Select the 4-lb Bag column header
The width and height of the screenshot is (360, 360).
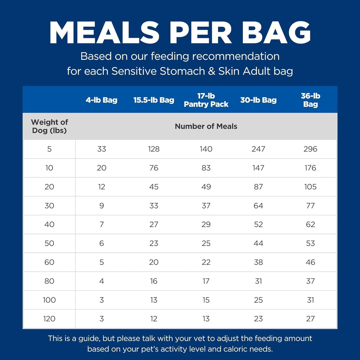(102, 100)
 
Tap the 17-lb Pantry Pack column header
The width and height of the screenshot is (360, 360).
(206, 100)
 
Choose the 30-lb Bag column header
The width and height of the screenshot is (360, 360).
(258, 100)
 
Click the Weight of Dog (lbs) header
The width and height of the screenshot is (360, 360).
(50, 127)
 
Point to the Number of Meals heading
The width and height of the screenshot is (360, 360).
(206, 127)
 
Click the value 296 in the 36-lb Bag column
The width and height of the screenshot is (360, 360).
(310, 149)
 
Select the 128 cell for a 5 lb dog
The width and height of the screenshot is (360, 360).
(154, 149)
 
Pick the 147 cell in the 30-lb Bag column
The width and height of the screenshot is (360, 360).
(258, 168)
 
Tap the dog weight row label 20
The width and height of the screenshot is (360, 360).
(50, 187)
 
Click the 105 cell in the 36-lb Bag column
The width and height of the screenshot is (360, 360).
(310, 187)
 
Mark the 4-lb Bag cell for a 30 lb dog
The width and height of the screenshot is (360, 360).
(102, 206)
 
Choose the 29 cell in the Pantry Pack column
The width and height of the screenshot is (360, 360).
(206, 225)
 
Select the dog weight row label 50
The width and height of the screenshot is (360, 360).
(50, 243)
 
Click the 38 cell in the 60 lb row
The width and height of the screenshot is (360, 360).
(258, 262)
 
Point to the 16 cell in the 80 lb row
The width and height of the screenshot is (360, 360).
(154, 281)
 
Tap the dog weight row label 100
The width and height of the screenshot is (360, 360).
(50, 300)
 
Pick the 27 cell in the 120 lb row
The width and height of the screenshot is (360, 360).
(310, 319)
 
